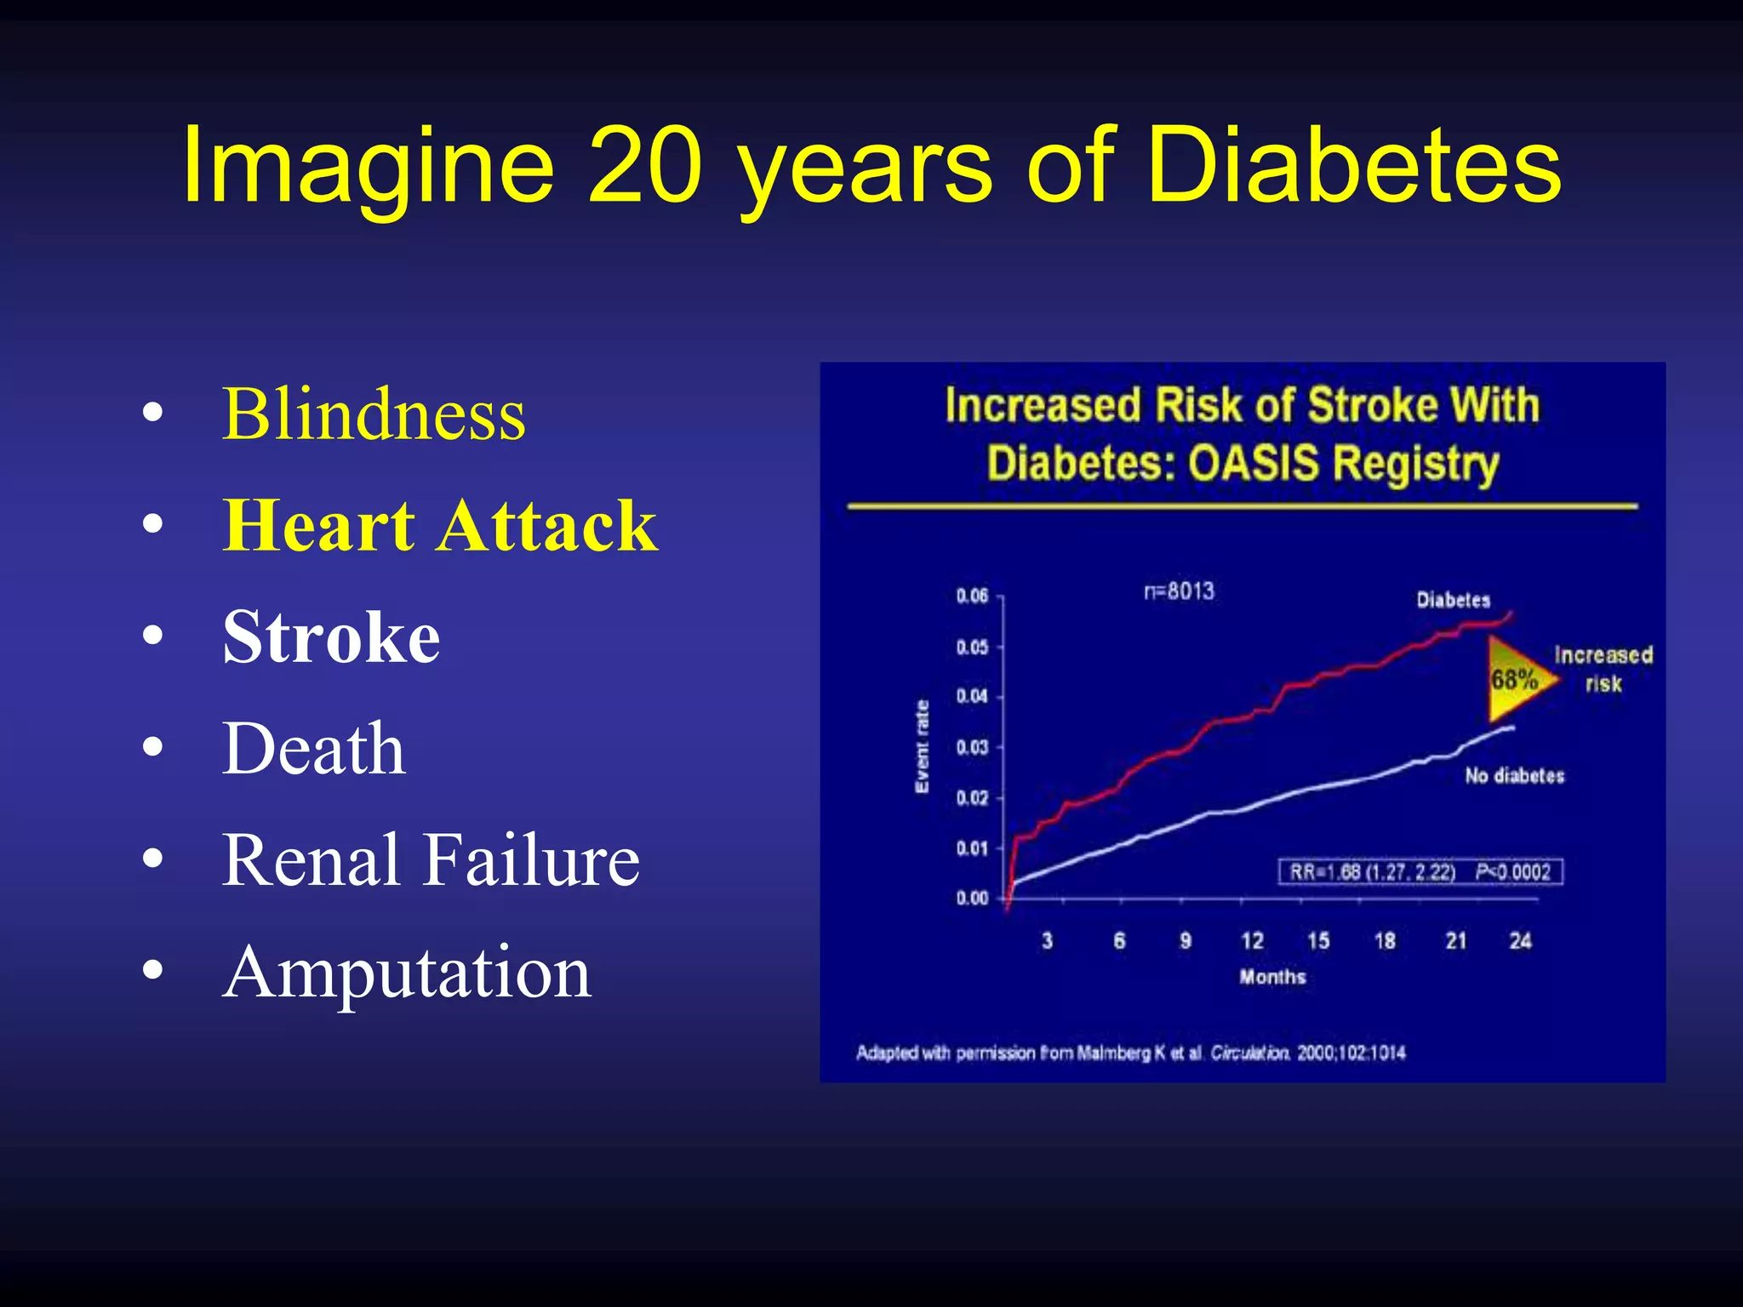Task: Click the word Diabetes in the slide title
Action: coord(1353,166)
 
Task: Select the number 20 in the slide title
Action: coord(644,166)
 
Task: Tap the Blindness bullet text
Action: coord(374,414)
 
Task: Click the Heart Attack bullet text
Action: coord(439,526)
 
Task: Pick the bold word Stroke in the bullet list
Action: coord(331,637)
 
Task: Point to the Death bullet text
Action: coord(313,749)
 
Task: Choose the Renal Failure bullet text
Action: coord(430,860)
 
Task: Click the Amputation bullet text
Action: coord(406,972)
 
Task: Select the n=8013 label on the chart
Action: coord(1179,591)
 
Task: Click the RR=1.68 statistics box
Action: coord(1420,871)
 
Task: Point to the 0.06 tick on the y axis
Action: coord(972,596)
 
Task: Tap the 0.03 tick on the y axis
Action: coord(972,747)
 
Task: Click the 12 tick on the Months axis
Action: coord(1252,940)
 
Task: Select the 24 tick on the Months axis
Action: coord(1520,940)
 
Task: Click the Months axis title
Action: coord(1272,977)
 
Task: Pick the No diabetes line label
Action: coord(1514,775)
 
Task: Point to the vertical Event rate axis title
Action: coord(922,746)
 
